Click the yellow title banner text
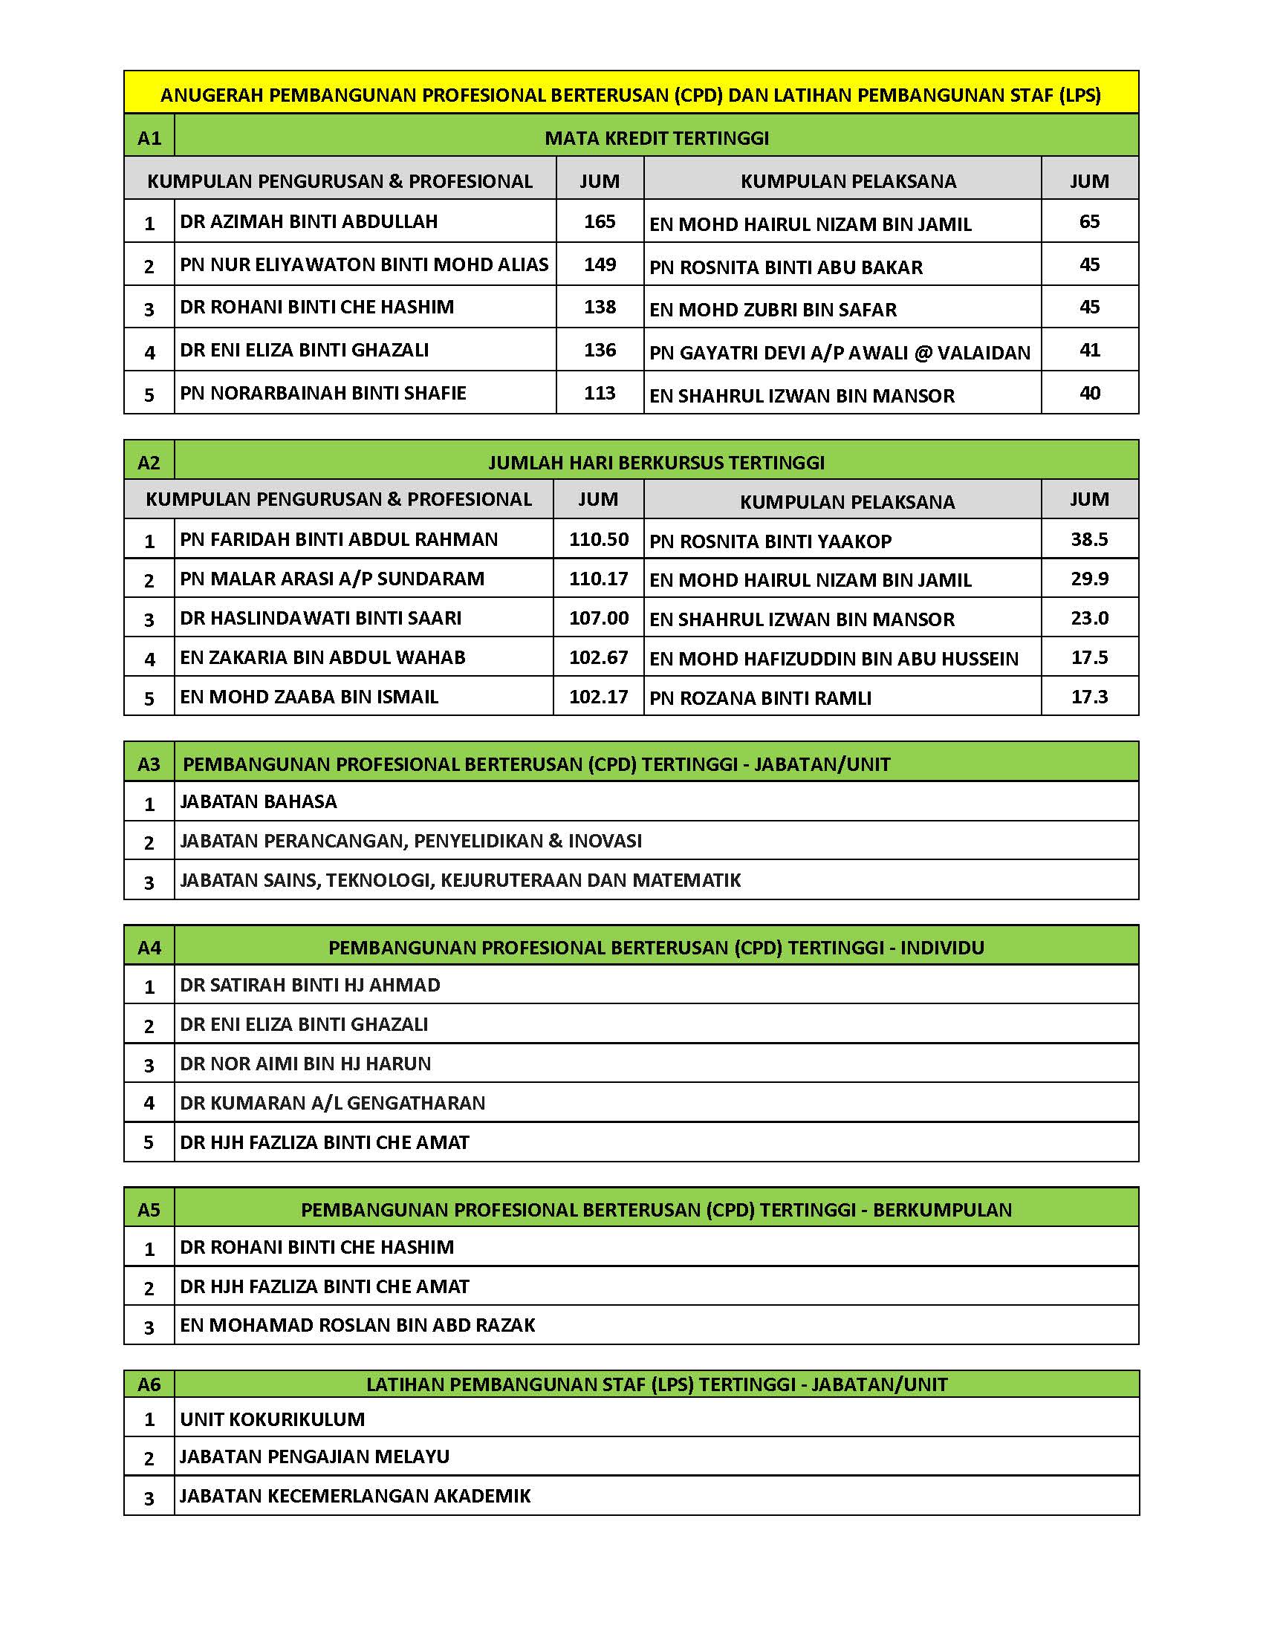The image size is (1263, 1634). coord(631,95)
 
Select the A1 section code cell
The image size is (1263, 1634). coord(149,137)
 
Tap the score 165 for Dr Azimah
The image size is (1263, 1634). coord(600,221)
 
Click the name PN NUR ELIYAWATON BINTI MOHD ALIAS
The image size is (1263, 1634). coord(364,265)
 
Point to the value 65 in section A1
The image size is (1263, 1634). coord(1088,221)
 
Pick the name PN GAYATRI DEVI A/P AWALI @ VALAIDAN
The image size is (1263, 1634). coord(840,352)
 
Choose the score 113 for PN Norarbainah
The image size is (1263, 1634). coord(600,394)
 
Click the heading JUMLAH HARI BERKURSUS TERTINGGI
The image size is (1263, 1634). coord(656,463)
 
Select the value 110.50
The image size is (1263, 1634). coord(599,539)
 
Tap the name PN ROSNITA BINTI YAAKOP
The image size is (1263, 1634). coord(770,541)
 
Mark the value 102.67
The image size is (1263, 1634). coord(599,657)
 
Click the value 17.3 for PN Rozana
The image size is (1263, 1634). coord(1088,697)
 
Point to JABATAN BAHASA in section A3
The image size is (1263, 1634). coord(258,802)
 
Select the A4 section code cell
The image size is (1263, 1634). coord(149,948)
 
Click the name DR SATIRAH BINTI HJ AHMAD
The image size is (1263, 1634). coord(310,986)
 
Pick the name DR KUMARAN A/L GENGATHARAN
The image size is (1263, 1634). coord(332,1103)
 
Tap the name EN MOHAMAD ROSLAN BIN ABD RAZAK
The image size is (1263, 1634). coord(357,1325)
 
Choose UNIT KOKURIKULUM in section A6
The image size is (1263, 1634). coord(273,1419)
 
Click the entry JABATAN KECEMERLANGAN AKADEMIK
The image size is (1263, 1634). coord(355,1496)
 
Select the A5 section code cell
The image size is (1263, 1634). coord(149,1210)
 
